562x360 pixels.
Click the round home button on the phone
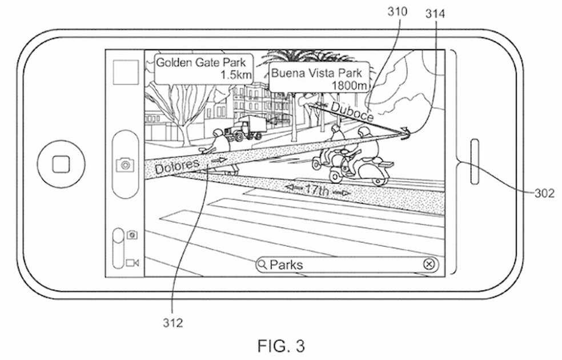click(61, 165)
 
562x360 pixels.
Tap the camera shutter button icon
click(125, 165)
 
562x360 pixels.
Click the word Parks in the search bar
click(286, 265)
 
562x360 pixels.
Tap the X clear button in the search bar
click(429, 264)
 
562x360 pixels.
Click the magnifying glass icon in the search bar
click(262, 265)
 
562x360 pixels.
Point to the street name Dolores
click(176, 165)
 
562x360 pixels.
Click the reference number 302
click(544, 193)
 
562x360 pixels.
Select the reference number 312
click(172, 323)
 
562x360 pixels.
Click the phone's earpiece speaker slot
click(474, 162)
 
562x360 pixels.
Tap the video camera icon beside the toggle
click(133, 262)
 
